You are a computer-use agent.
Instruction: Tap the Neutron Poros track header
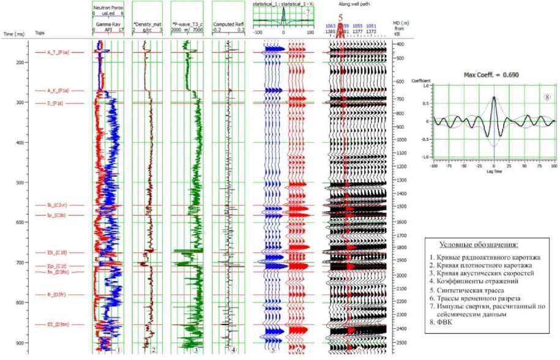click(108, 7)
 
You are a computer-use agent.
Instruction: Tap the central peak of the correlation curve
click(493, 97)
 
